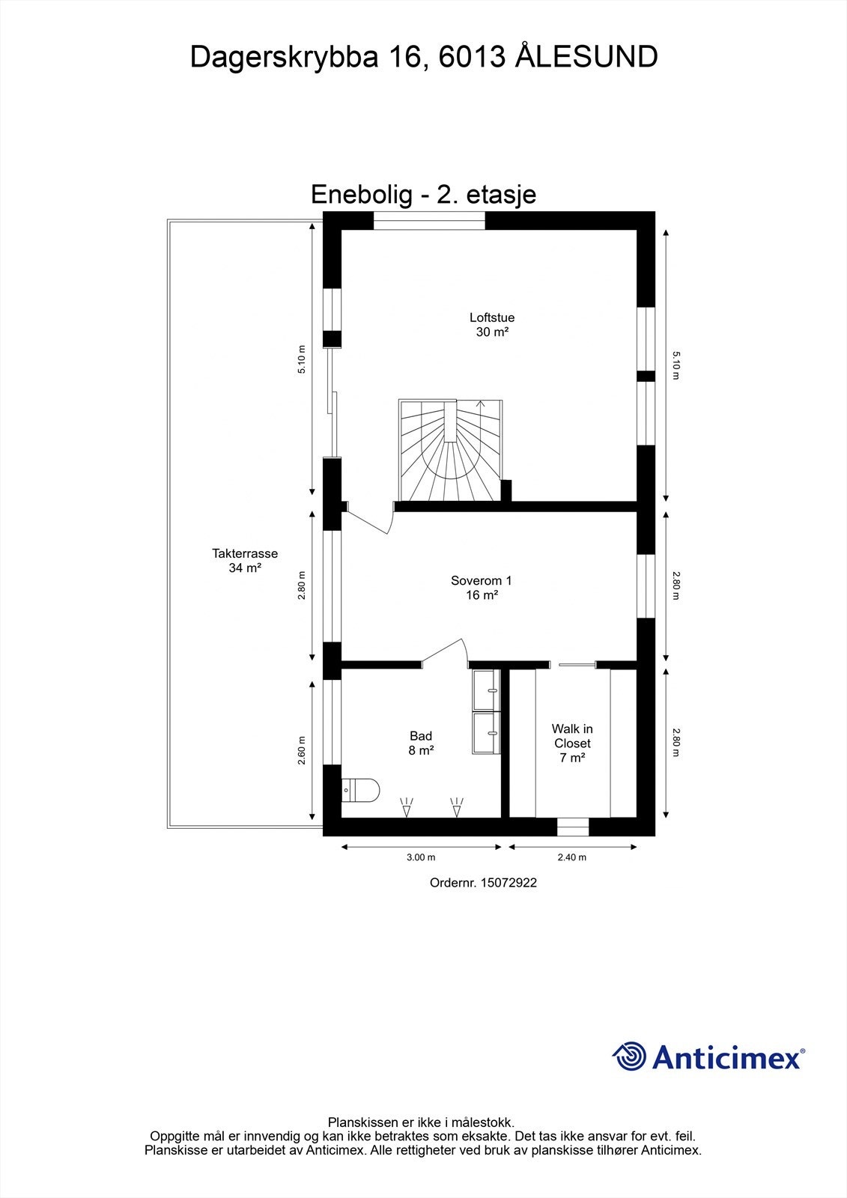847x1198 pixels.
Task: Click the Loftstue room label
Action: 492,325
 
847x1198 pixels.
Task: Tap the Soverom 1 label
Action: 482,588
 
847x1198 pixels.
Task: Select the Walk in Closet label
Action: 572,743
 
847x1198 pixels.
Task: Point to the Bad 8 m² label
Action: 421,743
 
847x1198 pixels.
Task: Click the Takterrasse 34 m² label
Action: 245,561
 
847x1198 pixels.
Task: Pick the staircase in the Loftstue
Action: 449,451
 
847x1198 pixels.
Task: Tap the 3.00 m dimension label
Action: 421,858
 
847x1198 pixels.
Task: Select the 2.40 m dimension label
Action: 572,858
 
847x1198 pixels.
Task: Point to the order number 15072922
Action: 483,883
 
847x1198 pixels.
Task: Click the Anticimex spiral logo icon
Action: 629,1056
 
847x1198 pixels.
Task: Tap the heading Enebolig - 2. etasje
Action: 423,195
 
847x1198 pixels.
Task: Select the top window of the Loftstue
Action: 429,220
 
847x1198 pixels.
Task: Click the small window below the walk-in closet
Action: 573,827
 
